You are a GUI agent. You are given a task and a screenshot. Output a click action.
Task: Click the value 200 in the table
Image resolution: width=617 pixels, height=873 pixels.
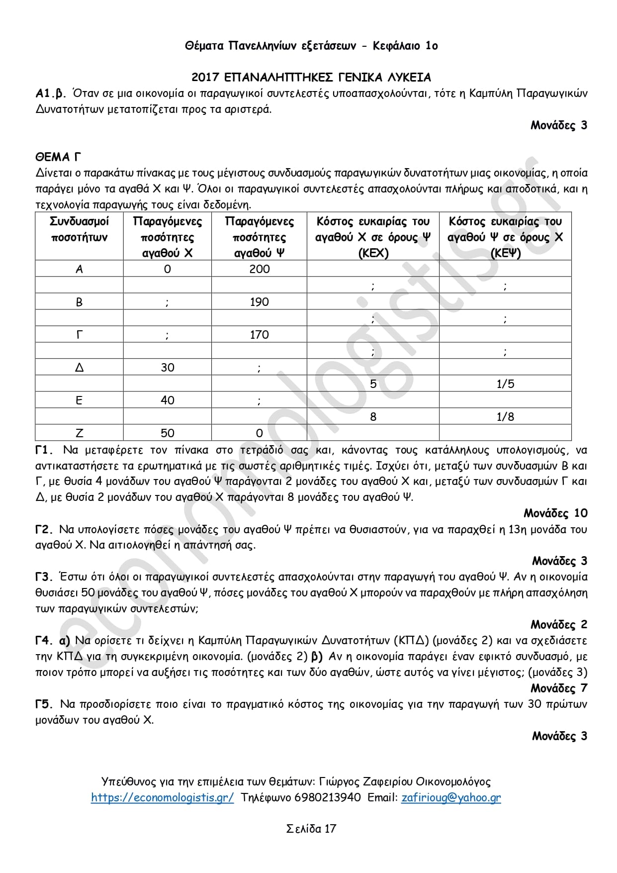coord(259,269)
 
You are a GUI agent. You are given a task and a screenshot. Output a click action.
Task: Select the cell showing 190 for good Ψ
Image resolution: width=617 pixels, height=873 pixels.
coord(259,302)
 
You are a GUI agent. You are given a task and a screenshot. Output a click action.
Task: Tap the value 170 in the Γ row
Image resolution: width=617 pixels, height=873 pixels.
coord(259,335)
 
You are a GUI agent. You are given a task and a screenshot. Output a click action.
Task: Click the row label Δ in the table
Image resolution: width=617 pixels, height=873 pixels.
coord(79,368)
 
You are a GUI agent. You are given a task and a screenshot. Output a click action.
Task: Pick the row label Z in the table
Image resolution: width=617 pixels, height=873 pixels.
coord(79,433)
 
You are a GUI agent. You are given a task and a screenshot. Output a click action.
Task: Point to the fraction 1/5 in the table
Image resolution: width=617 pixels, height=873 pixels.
coord(505,384)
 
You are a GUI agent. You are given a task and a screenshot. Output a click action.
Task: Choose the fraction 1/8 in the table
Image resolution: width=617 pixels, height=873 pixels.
coord(505,417)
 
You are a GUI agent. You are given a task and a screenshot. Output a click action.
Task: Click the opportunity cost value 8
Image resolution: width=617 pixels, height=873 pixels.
coord(373,417)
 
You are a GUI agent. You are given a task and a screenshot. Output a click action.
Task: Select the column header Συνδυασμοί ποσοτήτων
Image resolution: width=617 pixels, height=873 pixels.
coord(79,229)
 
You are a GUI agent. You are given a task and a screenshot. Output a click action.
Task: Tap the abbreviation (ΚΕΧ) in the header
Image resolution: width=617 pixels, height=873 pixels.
coord(373,253)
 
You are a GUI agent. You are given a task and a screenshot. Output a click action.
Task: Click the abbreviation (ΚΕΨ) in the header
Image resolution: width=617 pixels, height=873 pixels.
coord(505,253)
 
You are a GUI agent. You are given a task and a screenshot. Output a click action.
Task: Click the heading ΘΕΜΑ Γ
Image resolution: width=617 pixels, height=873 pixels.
coord(58,157)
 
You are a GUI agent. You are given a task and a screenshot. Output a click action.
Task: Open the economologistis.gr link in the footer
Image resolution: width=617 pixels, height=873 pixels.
coord(162,798)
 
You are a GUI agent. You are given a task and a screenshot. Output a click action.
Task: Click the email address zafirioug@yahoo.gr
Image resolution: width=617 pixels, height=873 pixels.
coord(451,798)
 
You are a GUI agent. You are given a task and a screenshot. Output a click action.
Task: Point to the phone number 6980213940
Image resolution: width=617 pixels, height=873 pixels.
coord(328,798)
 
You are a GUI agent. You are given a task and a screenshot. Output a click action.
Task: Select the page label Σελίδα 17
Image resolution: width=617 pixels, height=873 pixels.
coord(311,829)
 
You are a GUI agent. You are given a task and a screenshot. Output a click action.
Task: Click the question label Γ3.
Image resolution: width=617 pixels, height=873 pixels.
coord(44,577)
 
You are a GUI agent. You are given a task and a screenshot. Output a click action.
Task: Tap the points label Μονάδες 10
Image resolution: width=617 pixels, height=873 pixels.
coord(555,513)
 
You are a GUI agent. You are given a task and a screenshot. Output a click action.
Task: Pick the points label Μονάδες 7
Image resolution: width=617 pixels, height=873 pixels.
coord(559,688)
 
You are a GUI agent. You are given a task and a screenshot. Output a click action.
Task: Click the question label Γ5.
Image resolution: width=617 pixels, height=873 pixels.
coord(44,704)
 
